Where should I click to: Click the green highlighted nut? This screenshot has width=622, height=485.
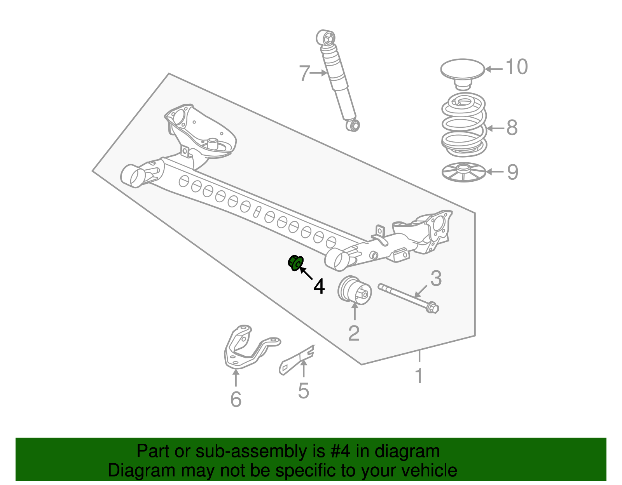[296, 262]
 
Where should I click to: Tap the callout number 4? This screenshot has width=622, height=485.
[319, 286]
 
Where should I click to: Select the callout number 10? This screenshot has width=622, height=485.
[517, 67]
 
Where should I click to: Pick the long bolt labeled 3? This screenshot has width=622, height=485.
[408, 298]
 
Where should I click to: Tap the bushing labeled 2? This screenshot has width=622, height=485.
[355, 291]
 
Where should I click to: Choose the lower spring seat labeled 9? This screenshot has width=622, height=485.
[464, 172]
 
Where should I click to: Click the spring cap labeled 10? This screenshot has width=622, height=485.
[462, 74]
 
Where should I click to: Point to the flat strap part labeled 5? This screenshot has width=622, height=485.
[297, 360]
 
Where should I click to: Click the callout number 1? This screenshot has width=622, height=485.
[419, 375]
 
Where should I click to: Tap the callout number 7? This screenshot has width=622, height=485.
[304, 73]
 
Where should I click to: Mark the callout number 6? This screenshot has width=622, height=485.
[236, 399]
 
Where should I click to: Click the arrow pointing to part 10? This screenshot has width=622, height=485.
[494, 69]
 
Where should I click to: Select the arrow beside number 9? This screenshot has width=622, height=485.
[495, 172]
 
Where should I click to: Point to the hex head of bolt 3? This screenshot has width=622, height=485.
[432, 308]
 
